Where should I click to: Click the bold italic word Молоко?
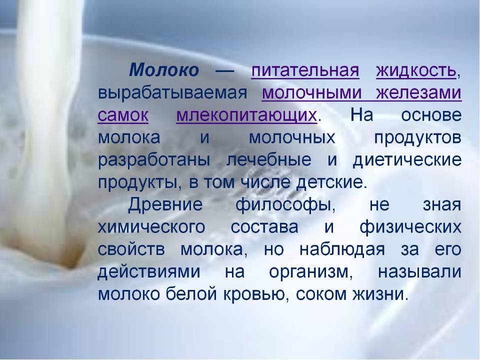(164, 70)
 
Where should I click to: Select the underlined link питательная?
(305, 70)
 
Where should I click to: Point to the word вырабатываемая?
(172, 93)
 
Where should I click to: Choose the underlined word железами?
(419, 92)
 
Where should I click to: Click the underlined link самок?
(123, 115)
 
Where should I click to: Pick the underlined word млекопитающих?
(246, 115)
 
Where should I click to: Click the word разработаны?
(154, 160)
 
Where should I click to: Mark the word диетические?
(407, 160)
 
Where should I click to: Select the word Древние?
(165, 204)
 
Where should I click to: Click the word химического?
(151, 227)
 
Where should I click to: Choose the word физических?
(410, 227)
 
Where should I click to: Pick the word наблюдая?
(342, 249)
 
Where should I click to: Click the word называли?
(419, 272)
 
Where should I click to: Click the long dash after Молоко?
(225, 71)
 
